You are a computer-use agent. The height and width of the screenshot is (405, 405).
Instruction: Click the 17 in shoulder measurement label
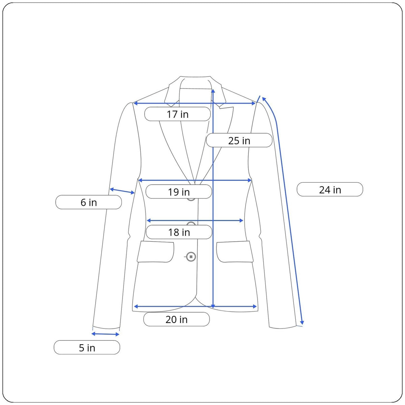pyautogui.click(x=178, y=114)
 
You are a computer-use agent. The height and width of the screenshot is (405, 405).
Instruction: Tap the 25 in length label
pyautogui.click(x=239, y=140)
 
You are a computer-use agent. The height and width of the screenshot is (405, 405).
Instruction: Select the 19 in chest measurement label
pyautogui.click(x=179, y=192)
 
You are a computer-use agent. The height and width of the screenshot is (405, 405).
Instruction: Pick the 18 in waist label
pyautogui.click(x=179, y=232)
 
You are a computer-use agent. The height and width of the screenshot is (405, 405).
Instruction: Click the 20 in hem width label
pyautogui.click(x=176, y=319)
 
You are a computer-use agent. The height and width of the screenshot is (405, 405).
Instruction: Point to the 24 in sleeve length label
pyautogui.click(x=330, y=189)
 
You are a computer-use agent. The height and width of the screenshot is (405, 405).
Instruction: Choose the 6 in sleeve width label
pyautogui.click(x=88, y=202)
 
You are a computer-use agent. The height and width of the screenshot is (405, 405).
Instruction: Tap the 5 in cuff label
pyautogui.click(x=87, y=347)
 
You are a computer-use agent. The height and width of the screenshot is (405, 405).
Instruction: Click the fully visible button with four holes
pyautogui.click(x=191, y=256)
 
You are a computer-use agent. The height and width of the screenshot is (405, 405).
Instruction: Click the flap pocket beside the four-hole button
pyautogui.click(x=156, y=251)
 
